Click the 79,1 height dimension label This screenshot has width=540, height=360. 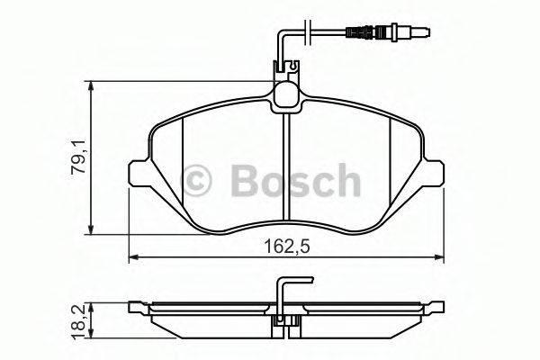tap(79, 160)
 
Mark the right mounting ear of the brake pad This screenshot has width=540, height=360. tap(435, 173)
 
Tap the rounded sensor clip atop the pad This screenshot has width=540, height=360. tap(287, 94)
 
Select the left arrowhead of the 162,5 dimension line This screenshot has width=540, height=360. tap(134, 258)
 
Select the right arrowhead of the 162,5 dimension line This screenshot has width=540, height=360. tap(441, 258)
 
